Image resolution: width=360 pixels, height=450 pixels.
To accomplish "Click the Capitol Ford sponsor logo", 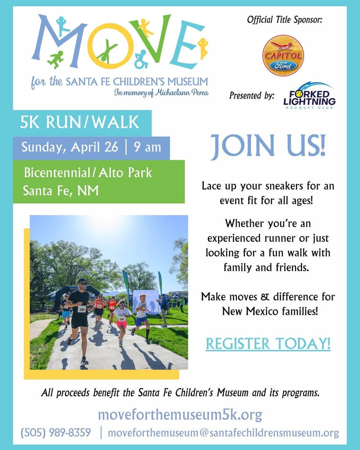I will [283, 55].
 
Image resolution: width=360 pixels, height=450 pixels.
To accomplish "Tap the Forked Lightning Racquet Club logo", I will [309, 95].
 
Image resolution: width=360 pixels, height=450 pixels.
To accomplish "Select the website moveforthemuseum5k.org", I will [180, 414].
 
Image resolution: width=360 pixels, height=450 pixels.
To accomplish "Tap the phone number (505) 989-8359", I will [56, 433].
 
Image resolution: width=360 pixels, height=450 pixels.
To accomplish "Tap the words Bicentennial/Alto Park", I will [88, 173].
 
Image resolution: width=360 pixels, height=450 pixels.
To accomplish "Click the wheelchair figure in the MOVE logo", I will [141, 58].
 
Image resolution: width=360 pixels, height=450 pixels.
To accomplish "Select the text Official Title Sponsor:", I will [284, 20].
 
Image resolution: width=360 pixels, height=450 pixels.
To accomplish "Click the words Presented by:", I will [252, 95].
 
